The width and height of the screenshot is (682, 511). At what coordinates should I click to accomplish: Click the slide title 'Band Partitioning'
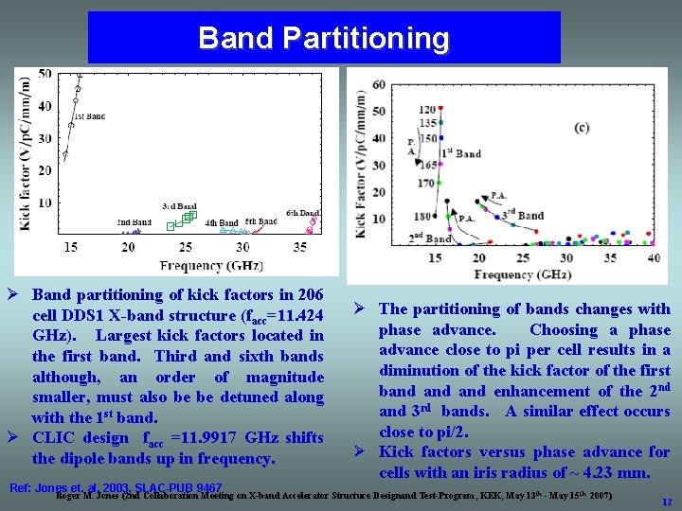pyautogui.click(x=323, y=38)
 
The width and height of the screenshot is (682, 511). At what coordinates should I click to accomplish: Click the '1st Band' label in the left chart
pyautogui.click(x=89, y=116)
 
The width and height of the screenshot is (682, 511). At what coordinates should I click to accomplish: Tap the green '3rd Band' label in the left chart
pyautogui.click(x=179, y=205)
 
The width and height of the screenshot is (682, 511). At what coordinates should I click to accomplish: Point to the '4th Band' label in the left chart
pyautogui.click(x=222, y=223)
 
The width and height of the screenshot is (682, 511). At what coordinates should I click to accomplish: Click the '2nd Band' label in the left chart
pyautogui.click(x=134, y=222)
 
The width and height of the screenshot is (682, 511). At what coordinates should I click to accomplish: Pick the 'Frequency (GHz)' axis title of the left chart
pyautogui.click(x=211, y=265)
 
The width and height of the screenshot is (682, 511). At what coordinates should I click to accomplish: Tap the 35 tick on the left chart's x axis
pyautogui.click(x=299, y=247)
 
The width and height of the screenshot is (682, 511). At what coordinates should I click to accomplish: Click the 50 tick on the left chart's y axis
pyautogui.click(x=45, y=74)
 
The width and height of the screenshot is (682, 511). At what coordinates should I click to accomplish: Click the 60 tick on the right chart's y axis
pyautogui.click(x=379, y=85)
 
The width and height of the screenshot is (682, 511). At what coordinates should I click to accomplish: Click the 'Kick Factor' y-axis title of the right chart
pyautogui.click(x=361, y=167)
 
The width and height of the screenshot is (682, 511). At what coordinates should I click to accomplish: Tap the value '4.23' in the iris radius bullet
pyautogui.click(x=603, y=473)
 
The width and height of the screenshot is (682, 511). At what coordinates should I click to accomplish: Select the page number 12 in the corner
pyautogui.click(x=667, y=502)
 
